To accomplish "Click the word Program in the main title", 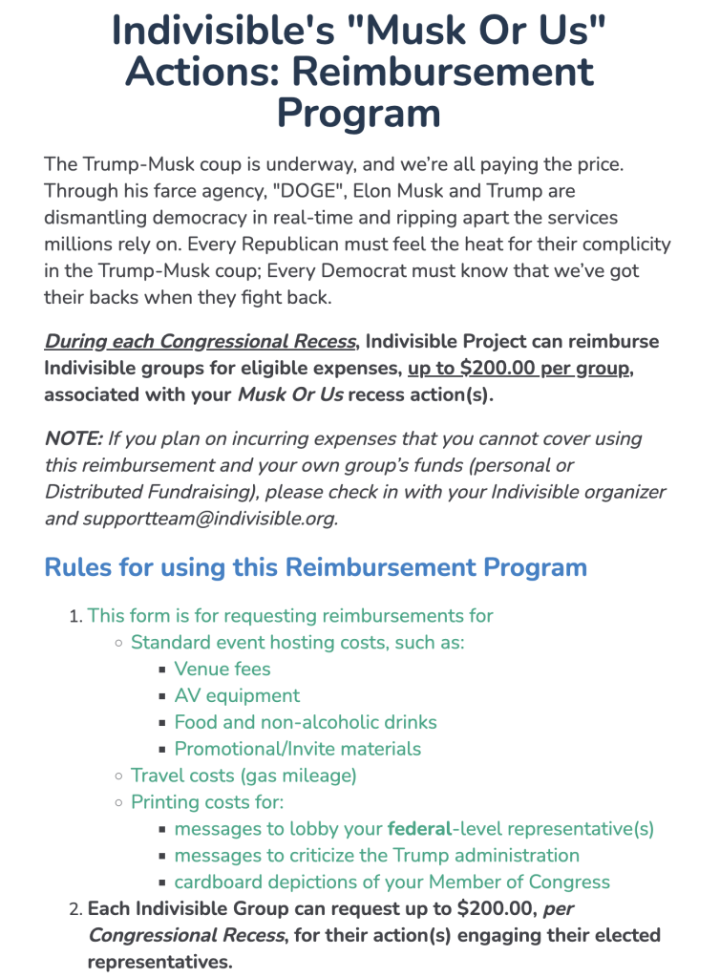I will (358, 113).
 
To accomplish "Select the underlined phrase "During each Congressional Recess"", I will (201, 342).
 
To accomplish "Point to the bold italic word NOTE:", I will (73, 439).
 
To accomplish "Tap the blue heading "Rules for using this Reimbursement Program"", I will (315, 567).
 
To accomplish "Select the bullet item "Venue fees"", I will (222, 669).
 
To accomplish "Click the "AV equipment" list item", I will (237, 695).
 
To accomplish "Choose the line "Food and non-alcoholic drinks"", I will (306, 722).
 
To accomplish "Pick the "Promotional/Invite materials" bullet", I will (297, 749).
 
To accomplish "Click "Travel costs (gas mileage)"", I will (244, 776).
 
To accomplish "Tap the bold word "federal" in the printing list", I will (418, 829).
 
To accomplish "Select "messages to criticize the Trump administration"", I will (376, 856).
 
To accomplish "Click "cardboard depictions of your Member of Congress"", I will (392, 882).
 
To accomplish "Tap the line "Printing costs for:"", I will (207, 802).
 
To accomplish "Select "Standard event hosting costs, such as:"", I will (297, 643).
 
